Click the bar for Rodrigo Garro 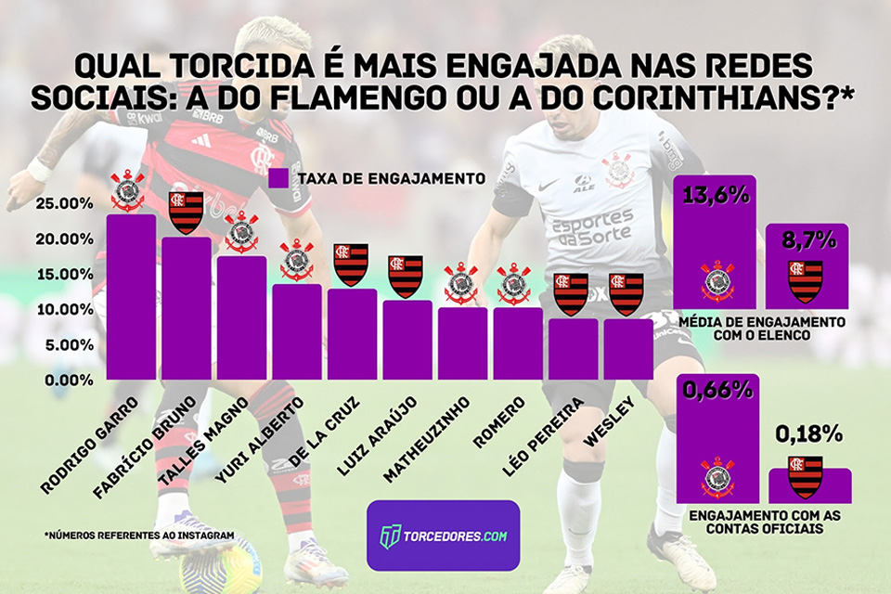131,297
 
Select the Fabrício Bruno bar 186,308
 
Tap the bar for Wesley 628,349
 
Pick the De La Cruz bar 352,334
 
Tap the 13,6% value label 716,197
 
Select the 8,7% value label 807,240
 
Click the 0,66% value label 717,390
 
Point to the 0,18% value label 809,433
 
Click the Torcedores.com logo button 443,536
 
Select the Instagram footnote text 138,536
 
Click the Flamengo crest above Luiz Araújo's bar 406,276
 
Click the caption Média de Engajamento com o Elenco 762,328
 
